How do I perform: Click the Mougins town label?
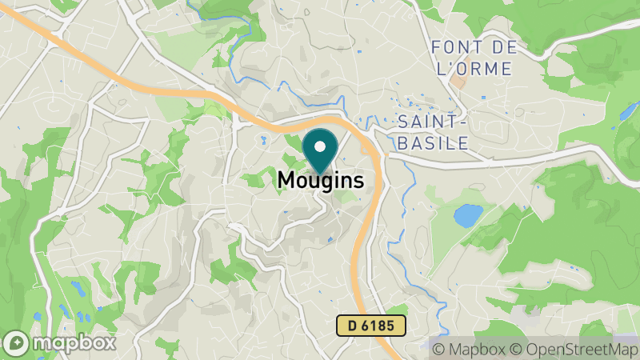(x=320, y=181)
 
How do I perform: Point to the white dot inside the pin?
(x=321, y=146)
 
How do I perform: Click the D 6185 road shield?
(x=370, y=326)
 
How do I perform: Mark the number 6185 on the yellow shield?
(x=379, y=326)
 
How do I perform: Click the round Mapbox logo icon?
(x=16, y=342)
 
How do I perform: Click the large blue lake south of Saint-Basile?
(x=468, y=214)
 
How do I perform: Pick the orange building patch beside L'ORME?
(x=458, y=81)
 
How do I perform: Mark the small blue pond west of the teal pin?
(x=263, y=141)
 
